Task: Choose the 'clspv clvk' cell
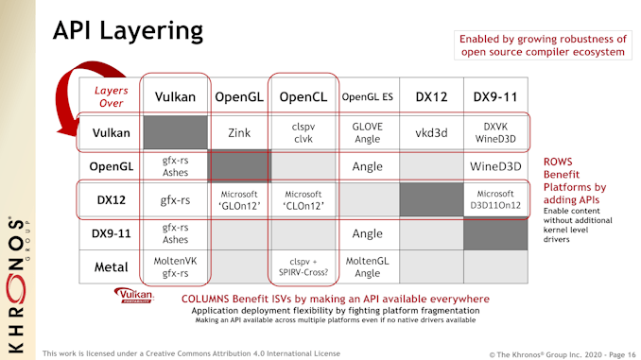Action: [303, 134]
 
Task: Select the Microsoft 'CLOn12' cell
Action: [303, 199]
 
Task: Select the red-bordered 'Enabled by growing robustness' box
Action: [542, 44]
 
